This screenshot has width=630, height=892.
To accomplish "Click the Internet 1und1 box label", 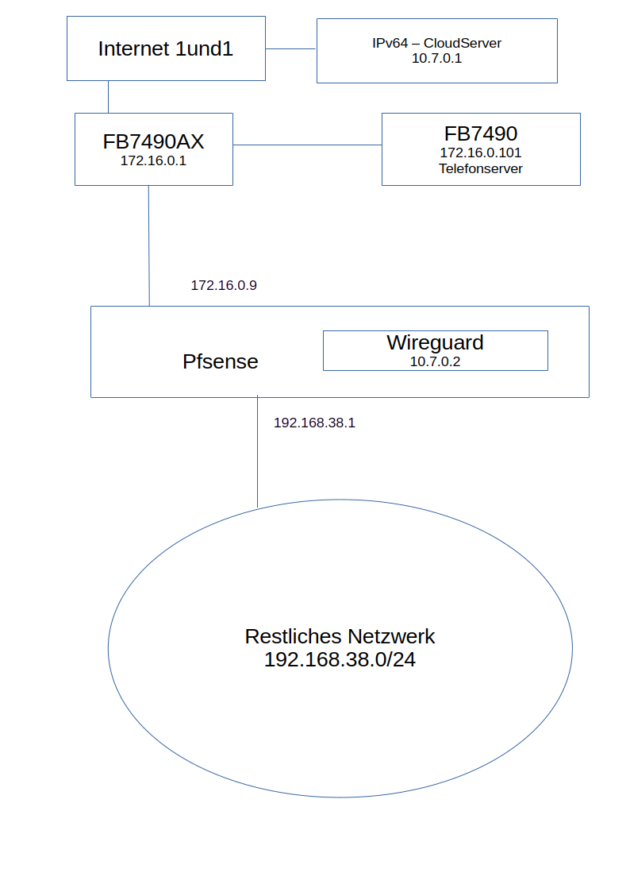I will [166, 48].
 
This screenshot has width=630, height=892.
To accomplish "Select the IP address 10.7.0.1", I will [436, 58].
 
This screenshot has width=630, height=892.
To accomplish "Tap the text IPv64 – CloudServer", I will [436, 43].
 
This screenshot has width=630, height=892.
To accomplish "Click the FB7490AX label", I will [153, 141].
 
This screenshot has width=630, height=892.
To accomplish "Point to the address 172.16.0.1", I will [153, 160].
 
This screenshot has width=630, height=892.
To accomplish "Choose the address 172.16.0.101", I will [481, 153].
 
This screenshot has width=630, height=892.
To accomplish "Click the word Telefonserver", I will [481, 168].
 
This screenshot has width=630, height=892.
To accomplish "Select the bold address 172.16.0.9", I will [224, 285].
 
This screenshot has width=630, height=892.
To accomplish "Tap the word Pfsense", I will [221, 361].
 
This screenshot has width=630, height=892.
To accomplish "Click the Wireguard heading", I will [435, 342].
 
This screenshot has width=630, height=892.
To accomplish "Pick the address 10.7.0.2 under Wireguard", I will [435, 361].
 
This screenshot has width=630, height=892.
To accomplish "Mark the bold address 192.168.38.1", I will [314, 423].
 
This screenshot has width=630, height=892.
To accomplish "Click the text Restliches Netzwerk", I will [340, 636].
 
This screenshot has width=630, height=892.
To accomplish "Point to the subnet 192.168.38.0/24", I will [340, 659].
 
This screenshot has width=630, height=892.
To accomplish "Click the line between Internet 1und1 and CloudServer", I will [291, 48].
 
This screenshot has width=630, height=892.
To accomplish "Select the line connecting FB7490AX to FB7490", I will [307, 145].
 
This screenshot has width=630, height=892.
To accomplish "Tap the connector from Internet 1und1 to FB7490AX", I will [108, 97].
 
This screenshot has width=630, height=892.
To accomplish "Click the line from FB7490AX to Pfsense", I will [148, 246].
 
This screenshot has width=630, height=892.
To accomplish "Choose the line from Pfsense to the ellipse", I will [258, 453].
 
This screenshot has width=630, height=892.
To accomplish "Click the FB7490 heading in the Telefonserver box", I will [481, 133].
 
